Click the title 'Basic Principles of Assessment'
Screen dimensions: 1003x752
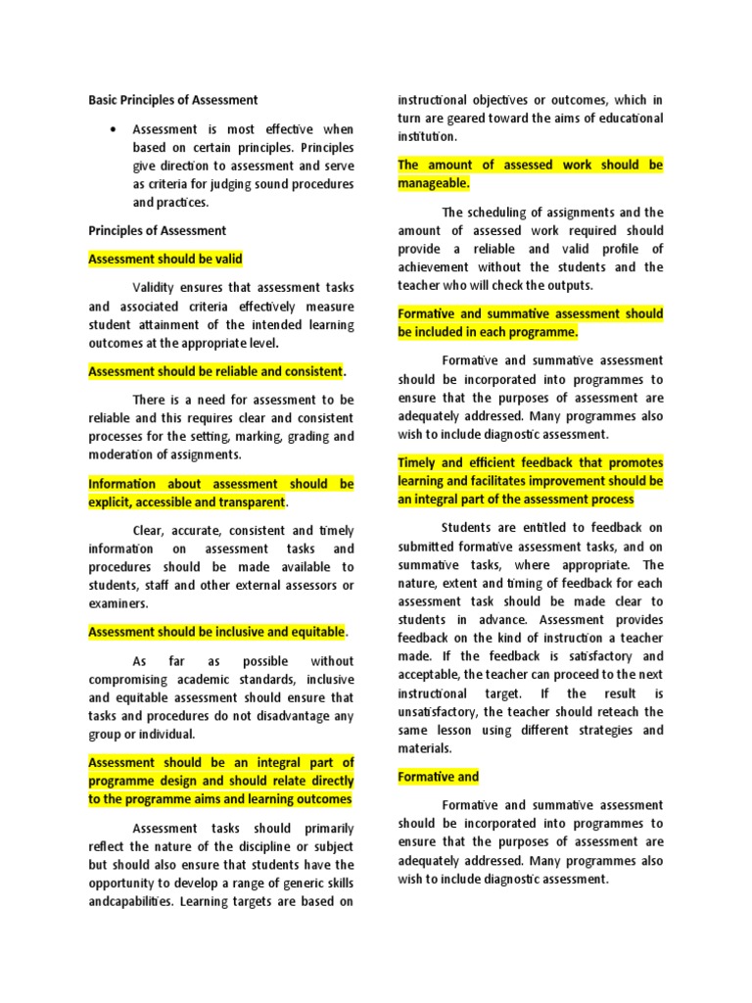coord(173,100)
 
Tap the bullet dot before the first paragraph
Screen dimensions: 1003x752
coord(115,129)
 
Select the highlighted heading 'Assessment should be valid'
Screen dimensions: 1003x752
coord(165,260)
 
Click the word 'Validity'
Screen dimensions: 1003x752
coord(158,288)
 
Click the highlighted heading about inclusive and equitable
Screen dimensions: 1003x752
coord(216,633)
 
